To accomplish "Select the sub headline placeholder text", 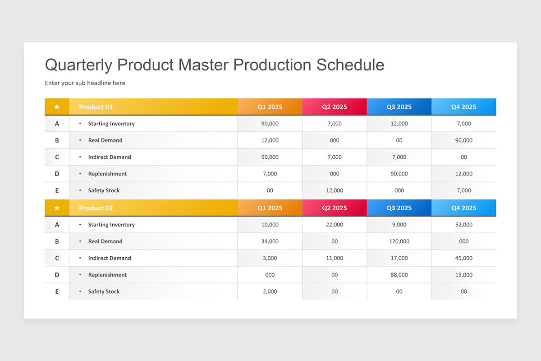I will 85,83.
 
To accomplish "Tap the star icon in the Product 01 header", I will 57,107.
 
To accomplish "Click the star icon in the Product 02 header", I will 57,208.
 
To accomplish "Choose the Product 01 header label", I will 96,107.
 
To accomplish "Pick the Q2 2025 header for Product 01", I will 334,107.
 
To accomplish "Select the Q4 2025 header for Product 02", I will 463,208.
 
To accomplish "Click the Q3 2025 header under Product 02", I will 399,208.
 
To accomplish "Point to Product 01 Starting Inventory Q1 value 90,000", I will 270,124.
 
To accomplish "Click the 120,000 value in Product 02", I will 399,241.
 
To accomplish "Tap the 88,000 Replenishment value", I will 399,275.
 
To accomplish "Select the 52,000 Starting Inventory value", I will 463,225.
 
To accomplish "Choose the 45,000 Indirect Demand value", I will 463,258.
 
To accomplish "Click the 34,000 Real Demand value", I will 270,241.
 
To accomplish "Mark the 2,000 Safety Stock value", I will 270,292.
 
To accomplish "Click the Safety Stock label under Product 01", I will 104,190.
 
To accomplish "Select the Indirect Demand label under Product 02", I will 110,258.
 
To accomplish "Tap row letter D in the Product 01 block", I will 57,174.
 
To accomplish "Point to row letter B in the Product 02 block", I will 57,241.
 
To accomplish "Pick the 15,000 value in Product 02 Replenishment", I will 463,275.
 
